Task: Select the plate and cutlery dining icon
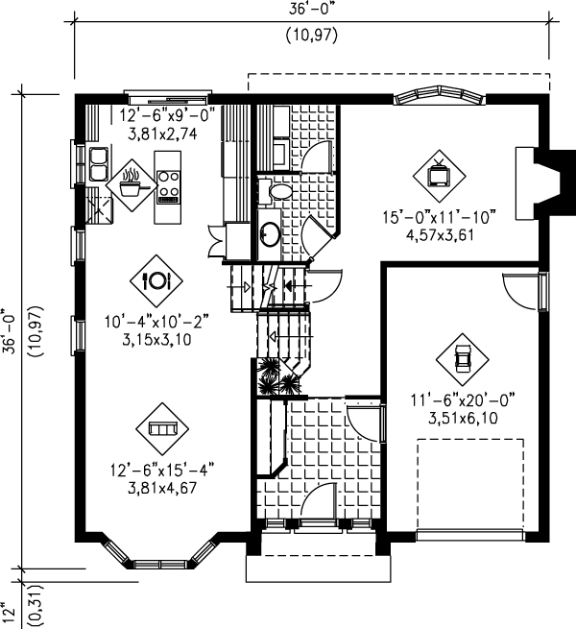coord(156,279)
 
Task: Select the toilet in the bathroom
coord(278,192)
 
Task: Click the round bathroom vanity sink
coord(271,234)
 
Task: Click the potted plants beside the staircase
coord(277,377)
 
